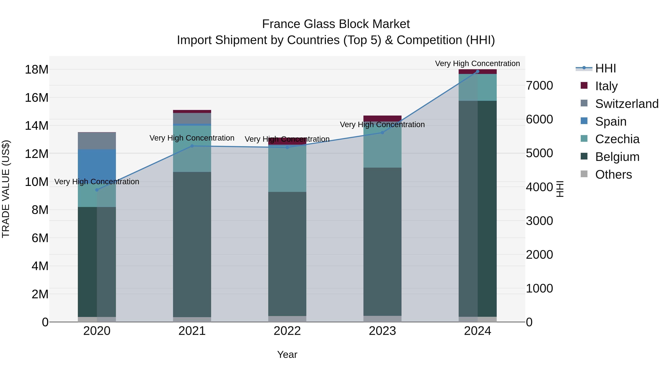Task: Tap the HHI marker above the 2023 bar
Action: point(382,133)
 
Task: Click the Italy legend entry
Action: point(606,86)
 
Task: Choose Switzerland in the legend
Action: point(627,104)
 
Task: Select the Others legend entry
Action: point(613,174)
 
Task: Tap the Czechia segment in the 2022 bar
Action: point(287,169)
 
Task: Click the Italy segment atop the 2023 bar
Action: point(382,118)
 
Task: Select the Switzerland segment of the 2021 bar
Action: point(192,118)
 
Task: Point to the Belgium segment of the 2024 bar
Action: point(478,209)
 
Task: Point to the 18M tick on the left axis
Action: point(37,70)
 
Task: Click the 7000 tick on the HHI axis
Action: point(539,85)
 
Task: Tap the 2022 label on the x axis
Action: point(287,331)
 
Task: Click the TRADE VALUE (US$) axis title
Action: point(6,189)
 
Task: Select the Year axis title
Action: point(287,354)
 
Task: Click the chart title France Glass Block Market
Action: point(336,24)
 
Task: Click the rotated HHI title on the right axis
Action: point(560,189)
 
